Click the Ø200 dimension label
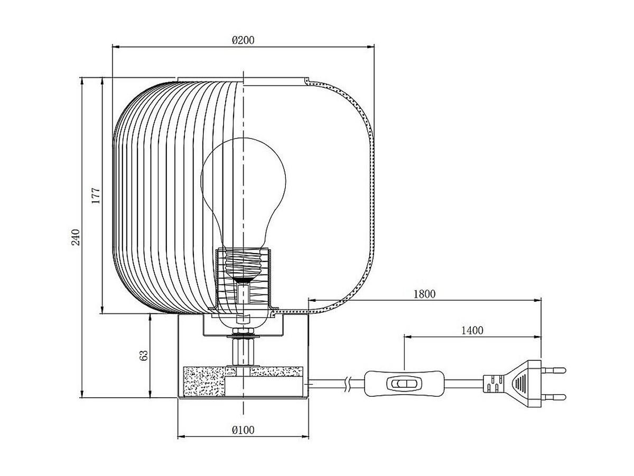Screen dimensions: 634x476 243,40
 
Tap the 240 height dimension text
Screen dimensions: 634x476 76,237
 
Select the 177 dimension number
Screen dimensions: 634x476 96,195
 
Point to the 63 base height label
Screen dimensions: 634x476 144,355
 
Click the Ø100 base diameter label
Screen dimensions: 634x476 243,430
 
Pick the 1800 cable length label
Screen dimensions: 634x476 424,294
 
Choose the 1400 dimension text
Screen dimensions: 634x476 472,330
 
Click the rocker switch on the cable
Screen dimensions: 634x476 404,384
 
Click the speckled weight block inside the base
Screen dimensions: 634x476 204,381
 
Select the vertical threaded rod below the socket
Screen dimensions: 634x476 243,352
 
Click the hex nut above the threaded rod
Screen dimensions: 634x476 243,331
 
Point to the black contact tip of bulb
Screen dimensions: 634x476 243,279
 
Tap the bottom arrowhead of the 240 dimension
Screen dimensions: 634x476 82,394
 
